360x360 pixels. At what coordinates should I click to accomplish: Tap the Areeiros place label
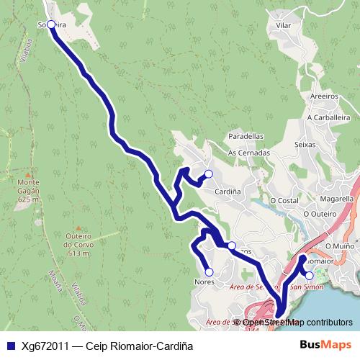click(324, 95)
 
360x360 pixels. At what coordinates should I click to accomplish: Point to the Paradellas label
click(246, 135)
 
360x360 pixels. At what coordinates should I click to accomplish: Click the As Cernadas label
click(248, 153)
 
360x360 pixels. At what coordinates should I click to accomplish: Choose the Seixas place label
click(305, 144)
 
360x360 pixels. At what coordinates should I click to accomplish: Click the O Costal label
click(284, 199)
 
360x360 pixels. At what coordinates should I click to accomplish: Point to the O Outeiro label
click(320, 214)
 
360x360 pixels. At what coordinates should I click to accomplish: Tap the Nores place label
click(204, 282)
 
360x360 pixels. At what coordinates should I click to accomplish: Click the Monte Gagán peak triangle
click(27, 175)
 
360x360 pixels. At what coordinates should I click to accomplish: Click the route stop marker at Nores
click(209, 271)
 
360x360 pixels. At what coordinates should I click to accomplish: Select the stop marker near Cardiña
click(208, 174)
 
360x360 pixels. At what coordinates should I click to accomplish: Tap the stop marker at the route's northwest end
click(51, 24)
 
